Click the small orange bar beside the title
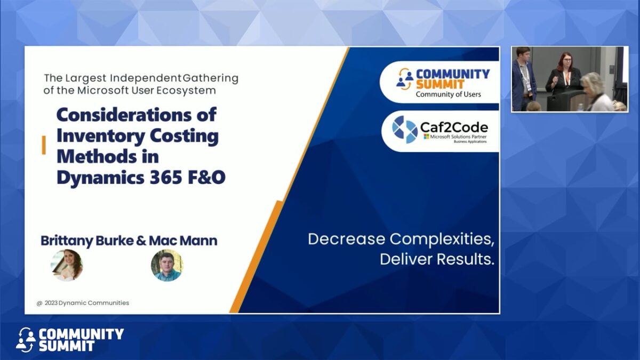tap(44, 145)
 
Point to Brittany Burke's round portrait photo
tap(67, 265)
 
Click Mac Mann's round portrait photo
tap(166, 265)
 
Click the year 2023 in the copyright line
tap(50, 303)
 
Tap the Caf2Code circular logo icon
tap(405, 130)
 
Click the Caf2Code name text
tap(454, 127)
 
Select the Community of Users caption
tap(448, 94)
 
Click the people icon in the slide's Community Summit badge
tap(405, 79)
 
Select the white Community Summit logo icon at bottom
tap(26, 340)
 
